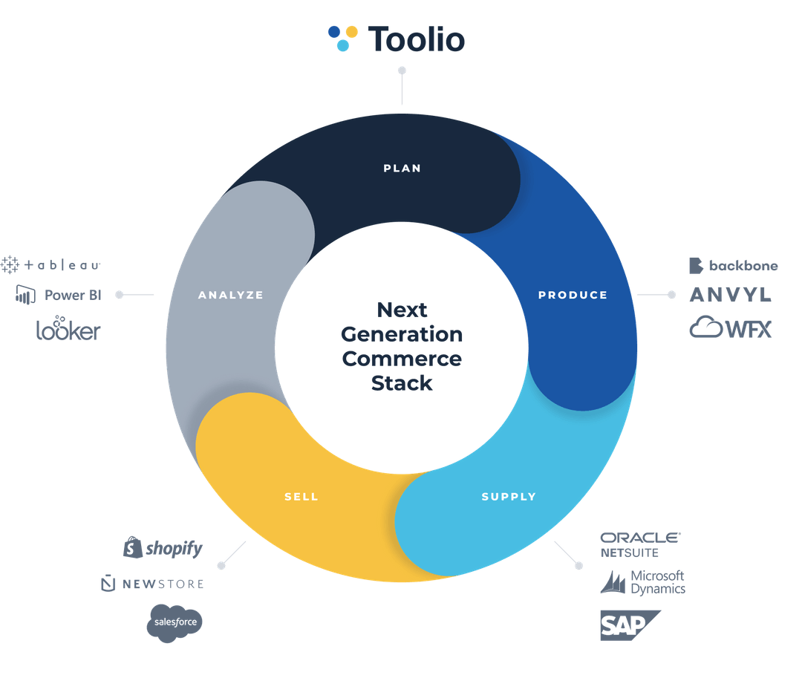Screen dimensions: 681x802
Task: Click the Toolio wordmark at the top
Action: (x=416, y=39)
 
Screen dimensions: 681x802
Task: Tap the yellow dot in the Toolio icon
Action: (x=351, y=31)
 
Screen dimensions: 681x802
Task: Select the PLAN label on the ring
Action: (x=402, y=169)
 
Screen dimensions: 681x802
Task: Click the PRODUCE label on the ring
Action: (x=573, y=295)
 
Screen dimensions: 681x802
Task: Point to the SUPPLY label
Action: (x=509, y=497)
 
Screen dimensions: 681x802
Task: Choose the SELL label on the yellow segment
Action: (x=301, y=497)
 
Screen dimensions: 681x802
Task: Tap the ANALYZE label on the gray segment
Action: (x=231, y=295)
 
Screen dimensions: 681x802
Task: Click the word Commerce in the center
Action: (x=402, y=359)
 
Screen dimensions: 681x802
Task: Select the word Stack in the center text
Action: (x=402, y=383)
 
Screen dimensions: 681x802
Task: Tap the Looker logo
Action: (x=68, y=330)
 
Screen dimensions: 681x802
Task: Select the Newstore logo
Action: (x=152, y=584)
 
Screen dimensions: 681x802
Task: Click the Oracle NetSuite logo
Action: (x=639, y=544)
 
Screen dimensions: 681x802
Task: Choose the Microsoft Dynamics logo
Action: (x=642, y=582)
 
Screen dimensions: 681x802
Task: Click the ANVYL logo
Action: (x=730, y=296)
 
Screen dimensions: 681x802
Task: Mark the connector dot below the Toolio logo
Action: (x=402, y=71)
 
